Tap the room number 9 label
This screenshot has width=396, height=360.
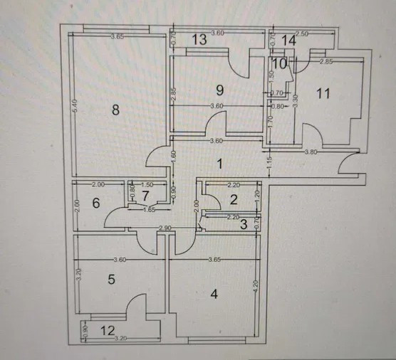220,90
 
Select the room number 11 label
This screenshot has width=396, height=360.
323,93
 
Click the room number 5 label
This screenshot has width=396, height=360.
111,279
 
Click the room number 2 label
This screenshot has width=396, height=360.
233,200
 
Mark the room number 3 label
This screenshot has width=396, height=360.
244,225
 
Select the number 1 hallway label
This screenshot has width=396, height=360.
220,165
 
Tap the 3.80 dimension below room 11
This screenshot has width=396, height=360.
311,152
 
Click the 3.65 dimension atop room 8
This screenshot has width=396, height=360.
117,36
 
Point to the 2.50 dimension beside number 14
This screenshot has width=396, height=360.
302,34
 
